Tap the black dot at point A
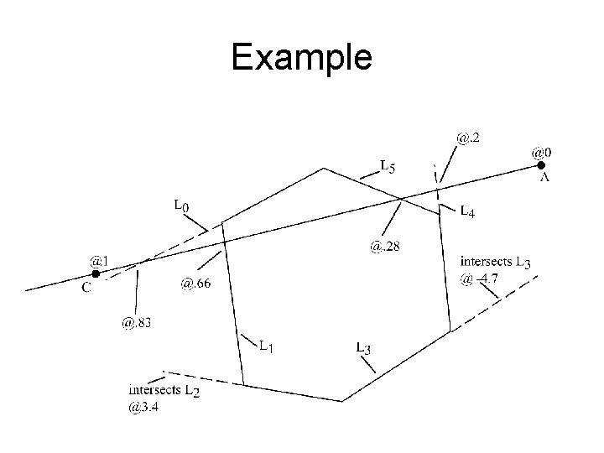tap(541, 166)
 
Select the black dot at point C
tap(96, 273)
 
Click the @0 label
tap(542, 153)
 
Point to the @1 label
tap(99, 261)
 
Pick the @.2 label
tap(469, 134)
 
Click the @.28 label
tap(384, 246)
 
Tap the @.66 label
tap(195, 284)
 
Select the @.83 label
tap(137, 321)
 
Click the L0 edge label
tap(181, 204)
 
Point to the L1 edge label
tap(268, 344)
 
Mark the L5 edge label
tap(388, 165)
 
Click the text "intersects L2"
tap(164, 391)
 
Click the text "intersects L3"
tap(495, 262)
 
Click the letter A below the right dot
tap(544, 178)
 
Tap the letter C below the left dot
tap(86, 288)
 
